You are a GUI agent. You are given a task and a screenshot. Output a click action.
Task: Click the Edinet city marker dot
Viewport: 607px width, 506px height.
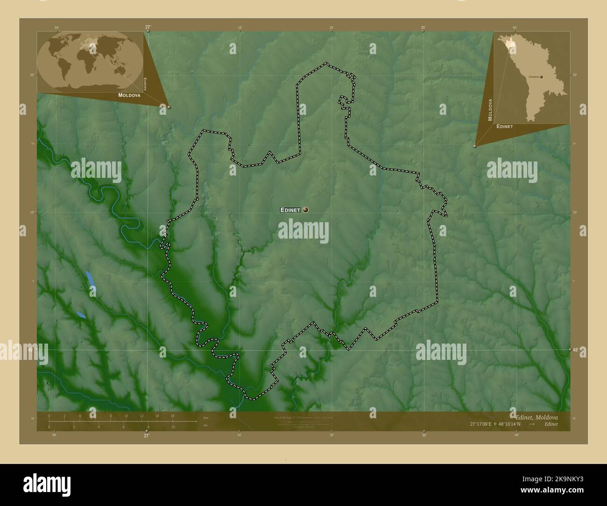coord(305,210)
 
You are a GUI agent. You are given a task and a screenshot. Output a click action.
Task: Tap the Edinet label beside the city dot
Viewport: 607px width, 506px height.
coord(290,210)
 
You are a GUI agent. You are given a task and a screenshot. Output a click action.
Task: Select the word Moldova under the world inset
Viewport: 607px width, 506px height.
coord(129,95)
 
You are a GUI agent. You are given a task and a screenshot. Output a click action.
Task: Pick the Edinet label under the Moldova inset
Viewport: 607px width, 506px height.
coord(505,126)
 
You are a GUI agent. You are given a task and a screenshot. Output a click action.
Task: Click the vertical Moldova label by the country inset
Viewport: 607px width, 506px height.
coord(490,110)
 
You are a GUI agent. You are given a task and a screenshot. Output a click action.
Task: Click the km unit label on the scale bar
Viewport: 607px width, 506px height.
coord(205,417)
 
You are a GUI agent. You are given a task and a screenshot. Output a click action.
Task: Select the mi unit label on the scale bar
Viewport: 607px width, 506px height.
coord(205,425)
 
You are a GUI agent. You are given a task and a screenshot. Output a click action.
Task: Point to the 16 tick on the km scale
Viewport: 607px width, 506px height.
coord(172,415)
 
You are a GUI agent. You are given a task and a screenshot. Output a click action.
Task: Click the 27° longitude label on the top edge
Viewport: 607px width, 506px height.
coord(148,27)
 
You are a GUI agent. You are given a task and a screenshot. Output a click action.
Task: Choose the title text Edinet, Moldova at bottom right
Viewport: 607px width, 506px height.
coord(534,416)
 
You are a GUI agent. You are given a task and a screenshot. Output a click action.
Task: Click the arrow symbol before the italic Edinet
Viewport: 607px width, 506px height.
coord(532,424)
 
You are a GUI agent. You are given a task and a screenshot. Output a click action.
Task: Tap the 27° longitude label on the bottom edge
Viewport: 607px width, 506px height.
coord(146,436)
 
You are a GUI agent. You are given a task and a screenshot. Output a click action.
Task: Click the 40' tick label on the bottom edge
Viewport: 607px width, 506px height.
coord(516,435)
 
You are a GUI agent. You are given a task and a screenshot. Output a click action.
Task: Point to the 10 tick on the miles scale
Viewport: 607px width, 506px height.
coord(173,427)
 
